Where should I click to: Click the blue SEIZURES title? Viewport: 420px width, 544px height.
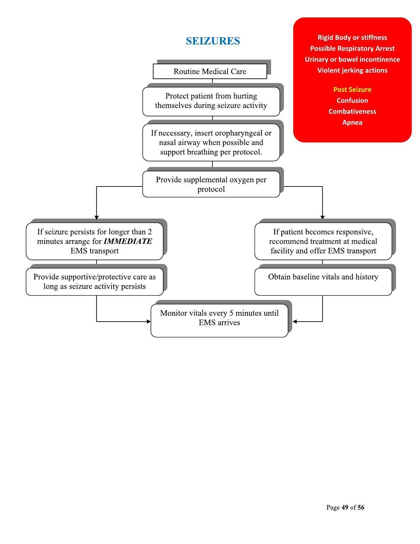pyautogui.click(x=213, y=41)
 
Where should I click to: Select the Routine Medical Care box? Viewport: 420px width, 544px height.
pyautogui.click(x=210, y=72)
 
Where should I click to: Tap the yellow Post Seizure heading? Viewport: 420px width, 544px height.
pyautogui.click(x=352, y=90)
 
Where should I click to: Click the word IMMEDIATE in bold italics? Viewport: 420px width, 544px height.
pyautogui.click(x=128, y=241)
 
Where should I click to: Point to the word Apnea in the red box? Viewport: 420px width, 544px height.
pyautogui.click(x=352, y=122)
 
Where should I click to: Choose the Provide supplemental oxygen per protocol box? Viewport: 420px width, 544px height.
pyautogui.click(x=211, y=184)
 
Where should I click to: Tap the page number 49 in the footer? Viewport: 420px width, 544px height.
pyautogui.click(x=345, y=507)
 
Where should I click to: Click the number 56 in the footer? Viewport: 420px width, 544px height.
pyautogui.click(x=361, y=507)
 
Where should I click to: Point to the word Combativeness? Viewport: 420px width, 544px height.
pyautogui.click(x=352, y=111)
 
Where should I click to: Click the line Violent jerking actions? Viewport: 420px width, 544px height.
pyautogui.click(x=352, y=70)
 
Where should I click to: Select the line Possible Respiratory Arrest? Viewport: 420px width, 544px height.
pyautogui.click(x=352, y=48)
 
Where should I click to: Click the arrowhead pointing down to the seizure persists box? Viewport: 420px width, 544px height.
pyautogui.click(x=97, y=217)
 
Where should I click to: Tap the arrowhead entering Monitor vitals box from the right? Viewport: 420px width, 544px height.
pyautogui.click(x=294, y=321)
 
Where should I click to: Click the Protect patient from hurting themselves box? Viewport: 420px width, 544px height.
pyautogui.click(x=211, y=101)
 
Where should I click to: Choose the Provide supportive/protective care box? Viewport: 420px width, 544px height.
pyautogui.click(x=95, y=281)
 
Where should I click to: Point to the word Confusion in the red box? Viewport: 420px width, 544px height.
pyautogui.click(x=352, y=100)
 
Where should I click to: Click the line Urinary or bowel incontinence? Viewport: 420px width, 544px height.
pyautogui.click(x=352, y=59)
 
